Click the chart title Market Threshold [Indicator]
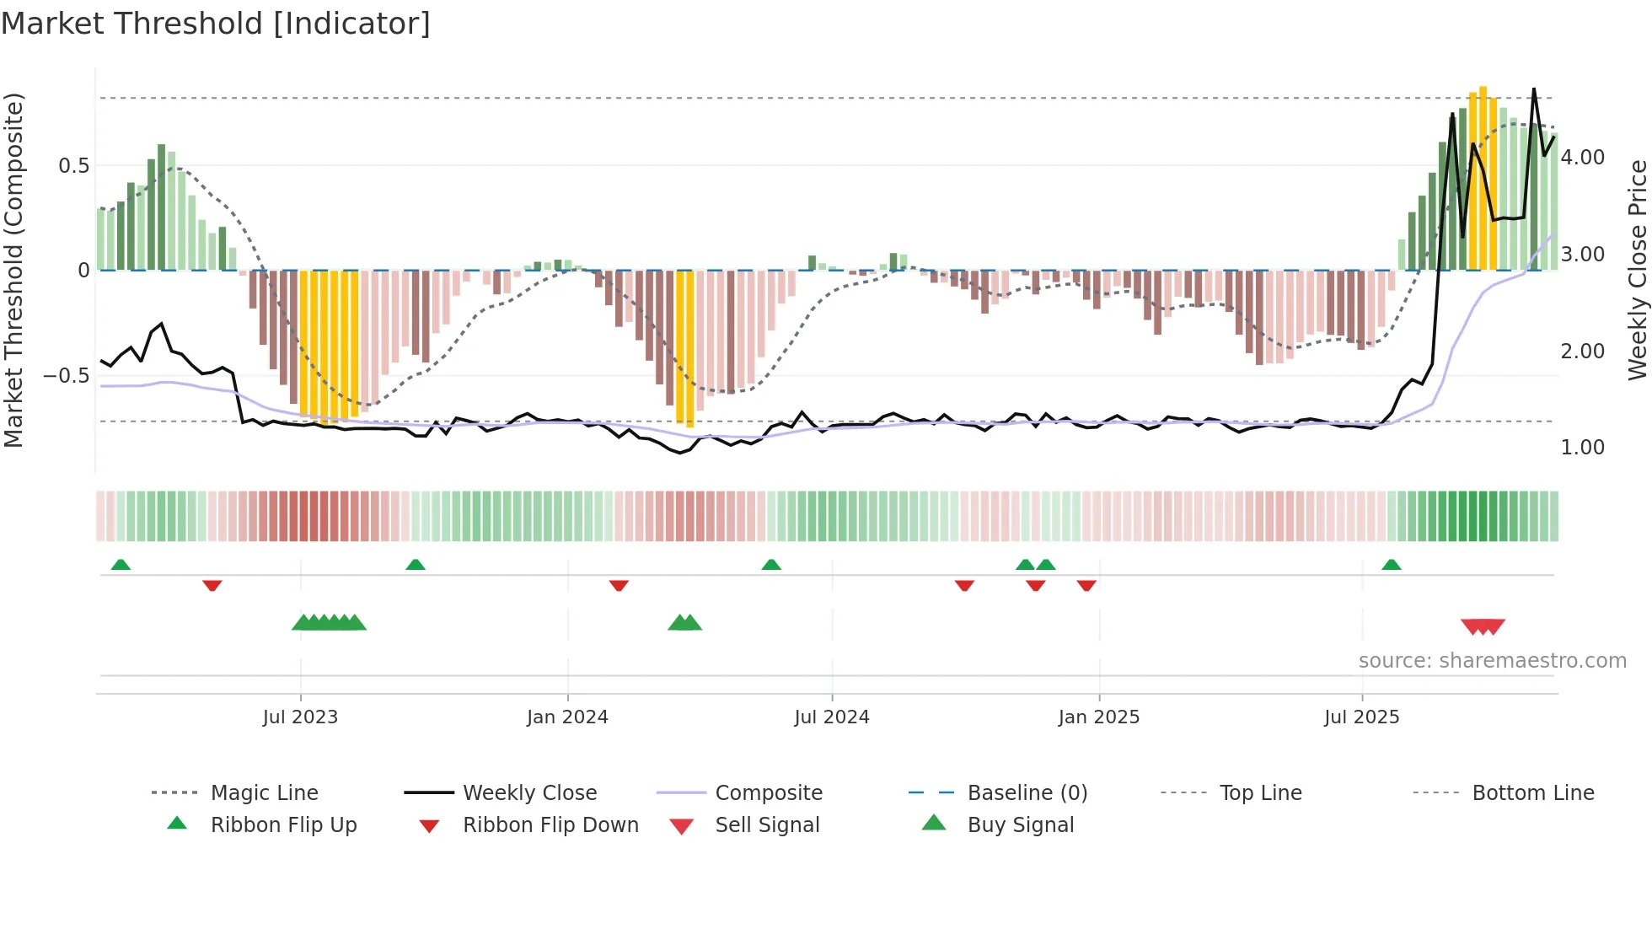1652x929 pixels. tap(216, 24)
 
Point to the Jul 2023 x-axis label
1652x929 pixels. tap(300, 717)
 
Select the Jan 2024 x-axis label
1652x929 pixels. tap(567, 717)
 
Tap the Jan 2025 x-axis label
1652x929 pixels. tap(1099, 717)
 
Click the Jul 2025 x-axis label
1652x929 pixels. tap(1362, 717)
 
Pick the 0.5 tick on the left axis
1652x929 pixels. tap(74, 166)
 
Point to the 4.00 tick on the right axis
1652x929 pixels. tap(1583, 158)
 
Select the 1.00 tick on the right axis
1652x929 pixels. tap(1583, 448)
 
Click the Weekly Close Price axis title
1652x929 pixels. tap(1637, 270)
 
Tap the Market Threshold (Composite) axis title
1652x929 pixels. tap(13, 270)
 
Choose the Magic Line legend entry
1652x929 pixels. tap(264, 793)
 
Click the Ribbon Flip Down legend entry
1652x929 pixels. tap(550, 825)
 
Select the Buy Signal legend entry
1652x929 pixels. tap(1020, 825)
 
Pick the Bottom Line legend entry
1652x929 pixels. tap(1532, 793)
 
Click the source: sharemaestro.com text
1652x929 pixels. tap(1492, 661)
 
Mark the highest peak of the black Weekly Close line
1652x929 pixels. tap(1533, 89)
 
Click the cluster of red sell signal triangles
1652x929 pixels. tap(1483, 626)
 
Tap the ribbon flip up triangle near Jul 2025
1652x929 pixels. tap(1392, 565)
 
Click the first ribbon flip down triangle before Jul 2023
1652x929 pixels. tap(212, 585)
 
